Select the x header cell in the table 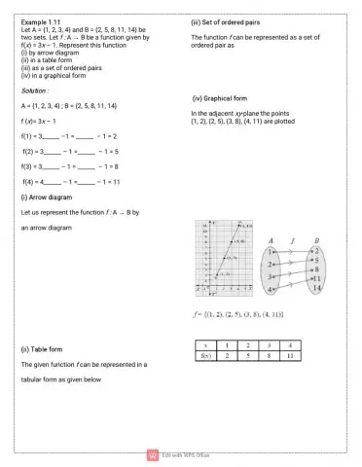coord(206,345)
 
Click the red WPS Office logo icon coord(152,453)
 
